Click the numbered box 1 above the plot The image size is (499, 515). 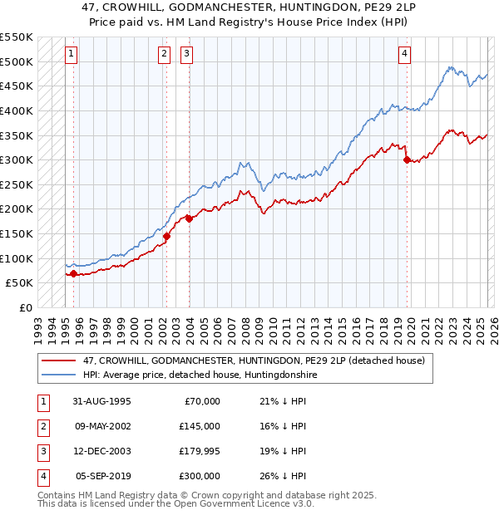(x=72, y=55)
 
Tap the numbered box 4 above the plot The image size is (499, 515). (x=404, y=55)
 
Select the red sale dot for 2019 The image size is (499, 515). (x=407, y=159)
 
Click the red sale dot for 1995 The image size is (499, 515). (x=74, y=273)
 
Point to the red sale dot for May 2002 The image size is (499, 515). (x=166, y=236)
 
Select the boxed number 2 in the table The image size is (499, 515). (x=42, y=426)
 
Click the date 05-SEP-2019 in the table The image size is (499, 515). (x=103, y=476)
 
